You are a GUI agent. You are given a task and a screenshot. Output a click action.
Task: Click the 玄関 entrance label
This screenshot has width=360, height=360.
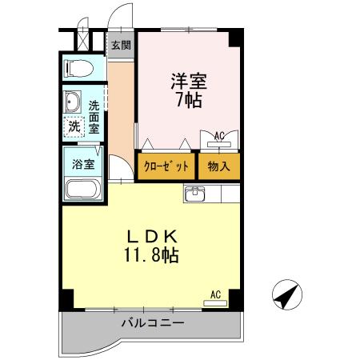(x=121, y=45)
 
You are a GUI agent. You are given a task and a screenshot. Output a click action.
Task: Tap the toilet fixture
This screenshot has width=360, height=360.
(x=78, y=69)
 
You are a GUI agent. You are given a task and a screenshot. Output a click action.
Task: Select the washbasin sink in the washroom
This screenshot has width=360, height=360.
(x=74, y=102)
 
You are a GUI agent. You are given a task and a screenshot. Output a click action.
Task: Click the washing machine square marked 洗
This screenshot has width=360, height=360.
(x=74, y=126)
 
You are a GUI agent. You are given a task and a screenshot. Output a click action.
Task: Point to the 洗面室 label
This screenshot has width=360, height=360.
(x=94, y=117)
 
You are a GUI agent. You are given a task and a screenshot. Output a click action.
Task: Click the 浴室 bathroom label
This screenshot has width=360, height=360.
(x=83, y=164)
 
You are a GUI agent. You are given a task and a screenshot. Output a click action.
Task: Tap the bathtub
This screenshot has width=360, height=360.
(x=81, y=191)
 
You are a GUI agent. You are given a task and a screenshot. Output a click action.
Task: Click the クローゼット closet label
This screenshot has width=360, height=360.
(x=166, y=166)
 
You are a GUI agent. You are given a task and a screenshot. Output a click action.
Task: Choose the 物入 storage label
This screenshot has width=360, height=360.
(x=218, y=166)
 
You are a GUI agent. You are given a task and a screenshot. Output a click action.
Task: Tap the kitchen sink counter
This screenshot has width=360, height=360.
(x=195, y=194)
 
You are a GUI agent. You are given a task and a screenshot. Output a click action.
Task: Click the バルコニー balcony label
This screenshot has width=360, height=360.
(x=153, y=323)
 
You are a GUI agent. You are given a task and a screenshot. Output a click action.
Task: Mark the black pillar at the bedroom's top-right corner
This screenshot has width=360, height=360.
(x=235, y=37)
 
